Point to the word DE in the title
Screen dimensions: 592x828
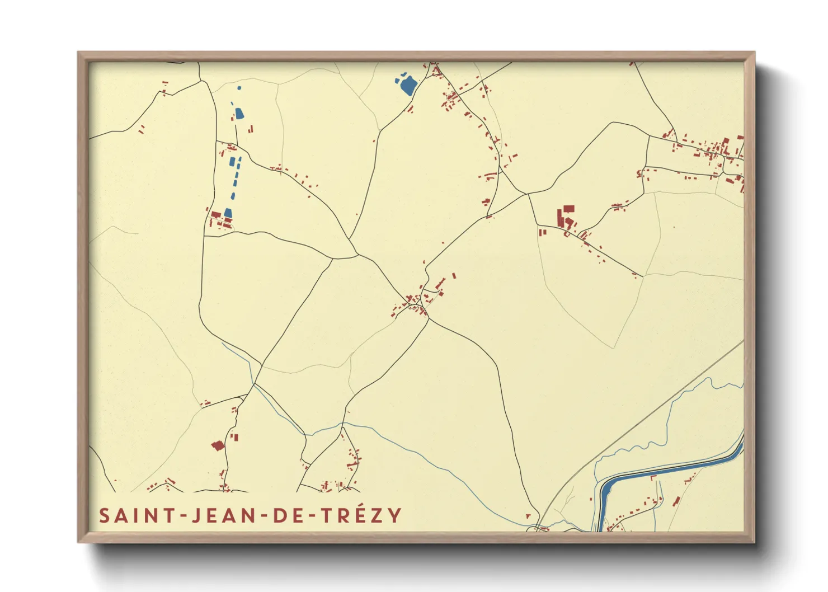[288, 515]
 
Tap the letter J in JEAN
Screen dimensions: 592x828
[196, 515]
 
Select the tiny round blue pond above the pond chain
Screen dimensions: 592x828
[239, 88]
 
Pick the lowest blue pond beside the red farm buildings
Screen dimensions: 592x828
[228, 213]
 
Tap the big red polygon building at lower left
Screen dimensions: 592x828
[218, 445]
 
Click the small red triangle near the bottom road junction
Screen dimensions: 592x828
[528, 516]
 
